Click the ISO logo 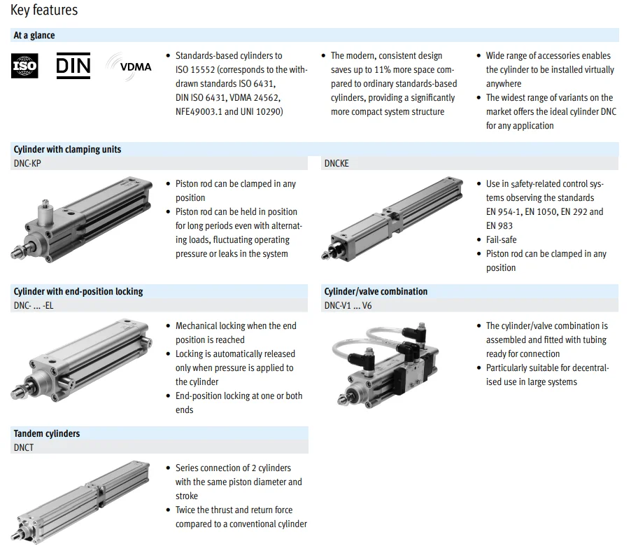click(x=24, y=66)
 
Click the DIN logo click(x=73, y=66)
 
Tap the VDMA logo click(x=129, y=66)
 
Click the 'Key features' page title click(x=44, y=10)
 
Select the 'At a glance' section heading click(x=34, y=35)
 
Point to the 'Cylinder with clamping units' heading click(x=67, y=149)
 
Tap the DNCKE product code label click(x=336, y=163)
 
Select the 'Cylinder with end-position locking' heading click(x=78, y=291)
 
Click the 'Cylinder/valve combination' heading click(x=376, y=291)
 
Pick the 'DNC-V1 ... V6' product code click(x=348, y=305)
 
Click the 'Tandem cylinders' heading click(x=47, y=433)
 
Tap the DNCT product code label click(x=24, y=447)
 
